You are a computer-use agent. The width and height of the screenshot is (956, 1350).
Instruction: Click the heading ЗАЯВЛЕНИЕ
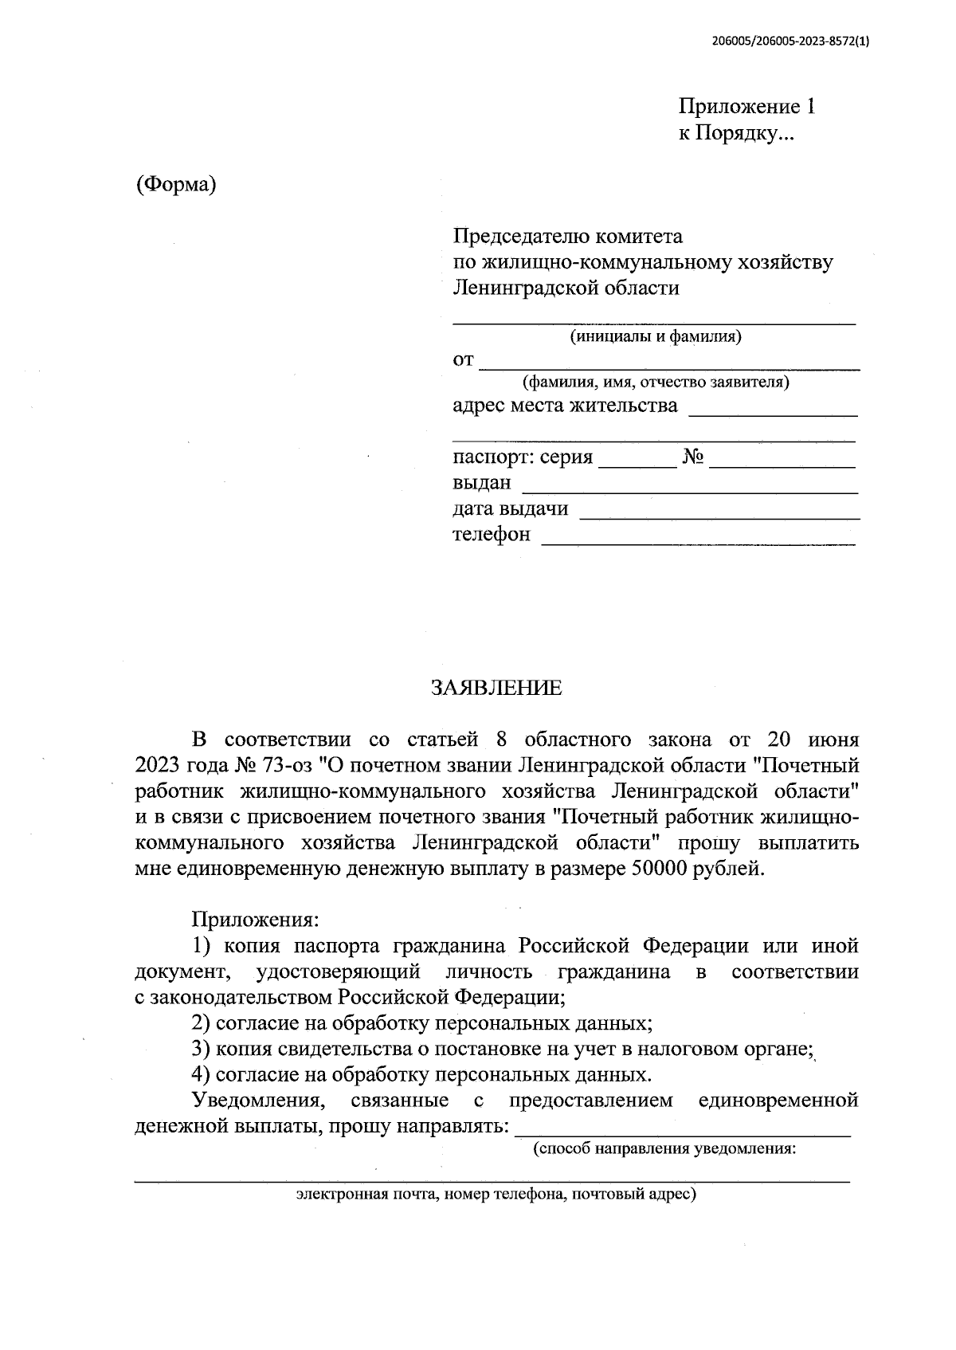[x=496, y=688]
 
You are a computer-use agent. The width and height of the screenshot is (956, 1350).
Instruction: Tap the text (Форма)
[x=176, y=185]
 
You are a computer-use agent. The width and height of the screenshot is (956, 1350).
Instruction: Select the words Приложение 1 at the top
[x=746, y=107]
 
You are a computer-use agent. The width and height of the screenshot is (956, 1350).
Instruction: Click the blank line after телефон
[x=698, y=542]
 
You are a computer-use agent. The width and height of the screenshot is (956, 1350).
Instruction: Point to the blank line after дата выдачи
[x=719, y=516]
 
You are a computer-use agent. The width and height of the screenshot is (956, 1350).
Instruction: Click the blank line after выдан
[x=688, y=491]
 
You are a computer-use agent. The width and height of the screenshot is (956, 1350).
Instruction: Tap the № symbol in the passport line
[x=692, y=457]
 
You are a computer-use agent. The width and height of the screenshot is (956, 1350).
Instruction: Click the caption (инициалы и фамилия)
[x=655, y=336]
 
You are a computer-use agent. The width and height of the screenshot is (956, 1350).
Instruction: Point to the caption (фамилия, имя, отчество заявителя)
[x=655, y=382]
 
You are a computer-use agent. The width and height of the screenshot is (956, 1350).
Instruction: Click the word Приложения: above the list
[x=255, y=920]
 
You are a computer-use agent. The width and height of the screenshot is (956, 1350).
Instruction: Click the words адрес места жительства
[x=565, y=406]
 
